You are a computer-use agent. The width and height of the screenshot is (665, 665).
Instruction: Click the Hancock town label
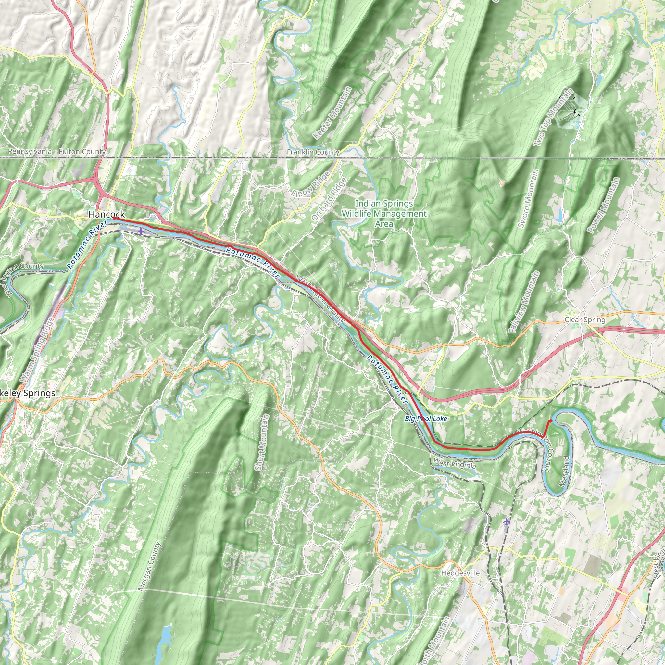pos(107,214)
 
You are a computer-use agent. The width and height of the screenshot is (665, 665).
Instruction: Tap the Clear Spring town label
pos(585,320)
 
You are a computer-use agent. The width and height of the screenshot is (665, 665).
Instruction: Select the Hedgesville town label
pos(460,573)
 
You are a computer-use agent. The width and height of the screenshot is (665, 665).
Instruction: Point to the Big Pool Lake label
pos(426,419)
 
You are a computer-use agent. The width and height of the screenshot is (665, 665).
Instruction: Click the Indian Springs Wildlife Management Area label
pos(384,213)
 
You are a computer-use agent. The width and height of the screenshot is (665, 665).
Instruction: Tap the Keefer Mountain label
pos(332,113)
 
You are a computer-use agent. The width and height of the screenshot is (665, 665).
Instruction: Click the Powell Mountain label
pos(604,206)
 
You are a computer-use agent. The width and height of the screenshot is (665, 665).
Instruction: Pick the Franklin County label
pos(313,152)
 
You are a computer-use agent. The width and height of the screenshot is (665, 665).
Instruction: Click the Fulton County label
pos(82,151)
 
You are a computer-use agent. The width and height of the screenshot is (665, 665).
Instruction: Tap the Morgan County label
pos(149,566)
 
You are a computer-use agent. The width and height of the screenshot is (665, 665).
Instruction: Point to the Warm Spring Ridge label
pos(37,349)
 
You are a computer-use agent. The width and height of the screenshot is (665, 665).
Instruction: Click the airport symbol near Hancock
pos(140,231)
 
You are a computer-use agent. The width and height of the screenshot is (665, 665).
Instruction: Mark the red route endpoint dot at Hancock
pos(114,218)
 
